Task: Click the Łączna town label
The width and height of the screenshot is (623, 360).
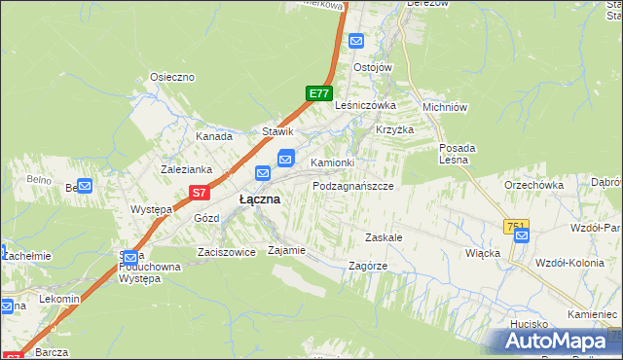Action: [x=260, y=198]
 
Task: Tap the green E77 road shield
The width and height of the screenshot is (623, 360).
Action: [x=317, y=93]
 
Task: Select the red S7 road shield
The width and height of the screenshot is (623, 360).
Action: [x=199, y=193]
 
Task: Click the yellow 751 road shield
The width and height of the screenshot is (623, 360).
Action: [x=515, y=226]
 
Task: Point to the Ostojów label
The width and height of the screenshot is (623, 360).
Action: [x=372, y=67]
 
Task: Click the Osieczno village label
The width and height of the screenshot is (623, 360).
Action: [x=172, y=77]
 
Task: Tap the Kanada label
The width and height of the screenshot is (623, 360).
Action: [x=214, y=137]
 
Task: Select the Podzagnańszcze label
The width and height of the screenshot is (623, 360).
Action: [x=352, y=185]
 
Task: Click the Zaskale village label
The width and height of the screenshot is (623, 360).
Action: [x=384, y=237]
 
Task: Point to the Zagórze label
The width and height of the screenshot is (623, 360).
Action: [x=368, y=266]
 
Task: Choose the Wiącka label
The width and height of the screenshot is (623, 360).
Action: [x=483, y=253]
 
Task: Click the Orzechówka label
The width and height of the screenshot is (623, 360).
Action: [x=533, y=184]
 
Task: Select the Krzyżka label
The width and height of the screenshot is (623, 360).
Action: [x=395, y=129]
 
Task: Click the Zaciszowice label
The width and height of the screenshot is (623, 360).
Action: [x=226, y=251]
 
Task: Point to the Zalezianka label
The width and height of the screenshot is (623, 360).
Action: [x=187, y=168]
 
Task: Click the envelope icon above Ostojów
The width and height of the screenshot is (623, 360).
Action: [x=356, y=41]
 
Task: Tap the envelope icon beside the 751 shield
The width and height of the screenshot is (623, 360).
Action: [x=522, y=234]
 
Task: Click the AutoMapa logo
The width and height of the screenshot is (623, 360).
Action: [x=555, y=341]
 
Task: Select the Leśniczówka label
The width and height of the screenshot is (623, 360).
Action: [x=365, y=105]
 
